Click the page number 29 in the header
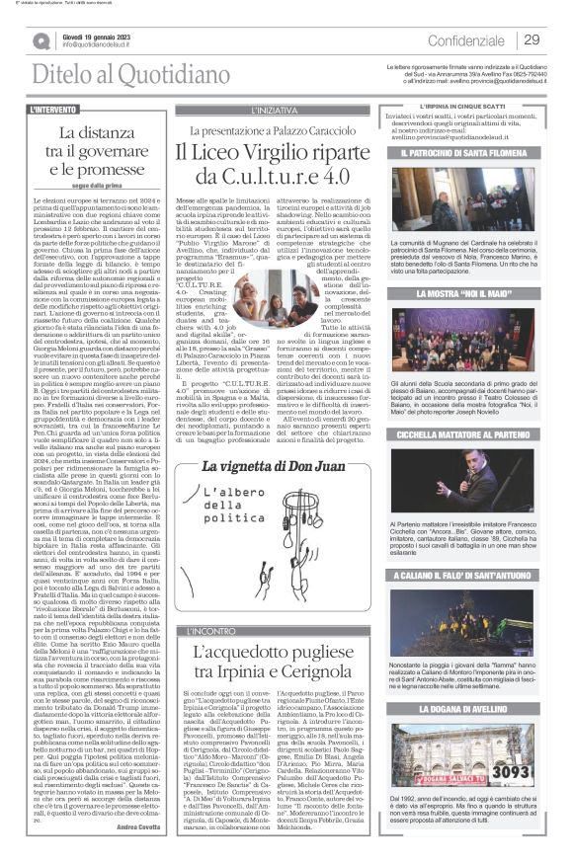click(531, 39)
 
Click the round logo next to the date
click(40, 40)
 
